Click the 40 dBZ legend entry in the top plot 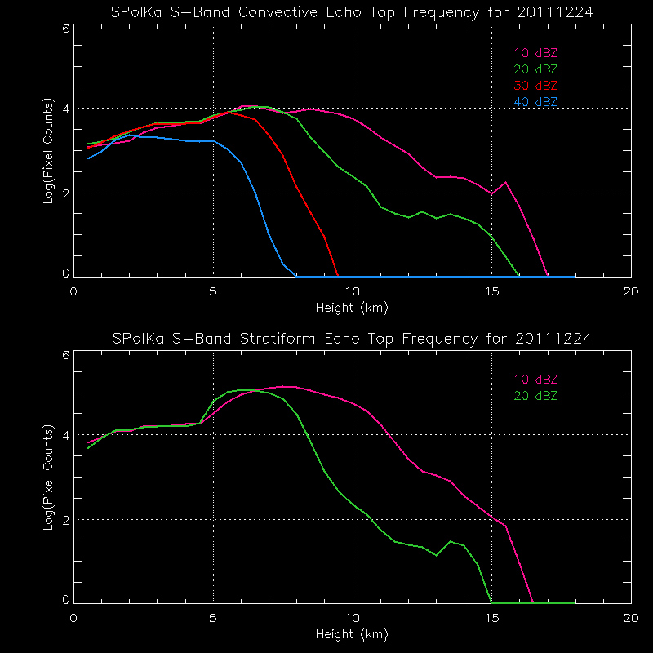tap(536, 101)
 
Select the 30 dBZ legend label tap(536, 86)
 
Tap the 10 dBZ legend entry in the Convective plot tap(536, 53)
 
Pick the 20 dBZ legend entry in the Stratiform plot tap(536, 396)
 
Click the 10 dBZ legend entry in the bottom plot tap(536, 380)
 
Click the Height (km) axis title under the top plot tap(352, 308)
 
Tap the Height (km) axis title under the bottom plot tap(352, 633)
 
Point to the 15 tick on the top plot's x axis tap(491, 291)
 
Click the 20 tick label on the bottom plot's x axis tap(631, 616)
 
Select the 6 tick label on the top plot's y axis tap(65, 28)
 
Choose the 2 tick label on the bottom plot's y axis tap(65, 520)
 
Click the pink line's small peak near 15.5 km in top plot tap(506, 182)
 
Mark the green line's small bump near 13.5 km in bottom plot tap(450, 541)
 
